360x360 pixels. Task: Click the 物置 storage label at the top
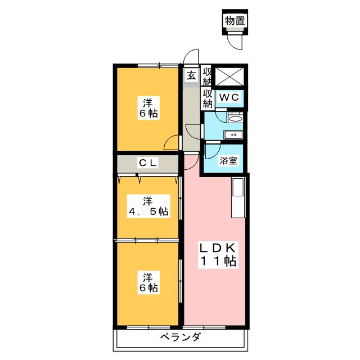tap(235, 21)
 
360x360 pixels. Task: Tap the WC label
tap(229, 97)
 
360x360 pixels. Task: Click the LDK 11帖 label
tap(217, 255)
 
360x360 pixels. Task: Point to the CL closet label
tap(148, 163)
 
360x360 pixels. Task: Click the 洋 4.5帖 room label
tap(147, 206)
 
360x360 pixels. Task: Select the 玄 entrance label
tap(191, 75)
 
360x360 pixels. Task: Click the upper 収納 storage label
tap(207, 76)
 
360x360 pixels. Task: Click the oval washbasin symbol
tap(236, 118)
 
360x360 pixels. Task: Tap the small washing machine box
tap(233, 135)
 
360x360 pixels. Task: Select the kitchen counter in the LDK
tap(237, 197)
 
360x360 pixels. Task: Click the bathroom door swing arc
tap(212, 151)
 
